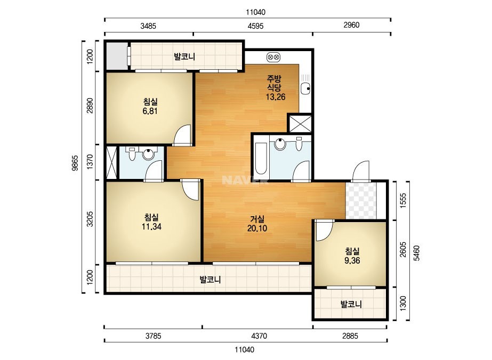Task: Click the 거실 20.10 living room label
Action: pyautogui.click(x=257, y=224)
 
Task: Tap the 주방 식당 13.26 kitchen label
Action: pyautogui.click(x=276, y=87)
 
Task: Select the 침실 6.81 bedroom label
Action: pyautogui.click(x=150, y=107)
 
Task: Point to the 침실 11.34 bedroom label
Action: pyautogui.click(x=151, y=222)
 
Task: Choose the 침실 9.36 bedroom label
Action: pyautogui.click(x=352, y=256)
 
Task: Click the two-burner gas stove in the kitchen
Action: pyautogui.click(x=273, y=58)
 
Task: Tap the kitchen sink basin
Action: pyautogui.click(x=305, y=89)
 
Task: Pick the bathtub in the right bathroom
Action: pyautogui.click(x=261, y=158)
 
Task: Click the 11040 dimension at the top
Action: pyautogui.click(x=255, y=12)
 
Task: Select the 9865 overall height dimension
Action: pyautogui.click(x=75, y=163)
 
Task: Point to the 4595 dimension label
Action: pyautogui.click(x=255, y=26)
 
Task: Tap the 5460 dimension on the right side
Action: pyautogui.click(x=416, y=253)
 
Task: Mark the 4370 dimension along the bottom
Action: pyautogui.click(x=259, y=336)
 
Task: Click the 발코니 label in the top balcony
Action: pyautogui.click(x=184, y=57)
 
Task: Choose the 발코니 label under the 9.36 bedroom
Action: pyautogui.click(x=351, y=304)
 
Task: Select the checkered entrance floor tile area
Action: pyautogui.click(x=361, y=201)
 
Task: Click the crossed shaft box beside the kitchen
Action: pyautogui.click(x=300, y=124)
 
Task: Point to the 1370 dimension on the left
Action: pyautogui.click(x=90, y=162)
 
